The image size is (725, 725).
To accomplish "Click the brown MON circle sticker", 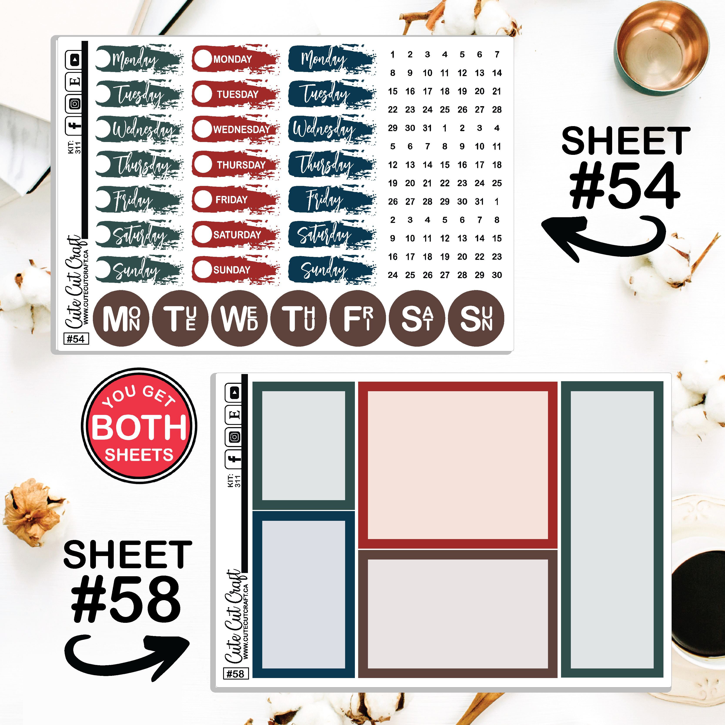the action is (121, 318).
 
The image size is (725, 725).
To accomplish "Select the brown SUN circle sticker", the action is (476, 318).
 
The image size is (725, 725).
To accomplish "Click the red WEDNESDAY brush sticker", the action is (236, 129).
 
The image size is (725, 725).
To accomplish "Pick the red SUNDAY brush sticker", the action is (236, 270).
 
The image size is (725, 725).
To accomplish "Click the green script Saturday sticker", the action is (139, 235).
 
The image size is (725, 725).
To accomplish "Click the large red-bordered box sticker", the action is (458, 465).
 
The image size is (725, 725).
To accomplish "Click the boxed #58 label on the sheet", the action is (236, 674).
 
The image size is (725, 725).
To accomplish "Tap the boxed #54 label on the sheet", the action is (76, 339).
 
